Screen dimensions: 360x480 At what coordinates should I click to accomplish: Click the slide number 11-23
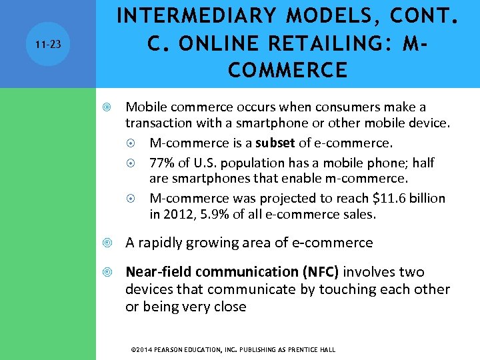[48, 44]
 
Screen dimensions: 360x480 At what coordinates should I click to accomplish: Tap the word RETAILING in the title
[311, 43]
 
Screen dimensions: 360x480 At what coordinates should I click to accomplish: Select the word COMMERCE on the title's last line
[287, 69]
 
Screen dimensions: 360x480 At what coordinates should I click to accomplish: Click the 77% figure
[162, 163]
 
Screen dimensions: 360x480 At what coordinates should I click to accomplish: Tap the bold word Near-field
[156, 272]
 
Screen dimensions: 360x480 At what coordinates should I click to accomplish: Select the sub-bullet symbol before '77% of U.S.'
[134, 163]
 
